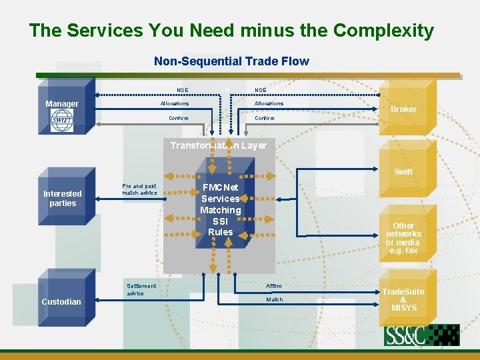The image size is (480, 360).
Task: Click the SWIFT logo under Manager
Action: (62, 120)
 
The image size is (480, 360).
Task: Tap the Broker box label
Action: (403, 109)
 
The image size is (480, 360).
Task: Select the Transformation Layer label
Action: (218, 145)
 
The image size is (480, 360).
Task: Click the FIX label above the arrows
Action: (225, 89)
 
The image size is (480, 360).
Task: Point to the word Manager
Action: (62, 104)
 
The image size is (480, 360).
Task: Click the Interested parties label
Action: (63, 199)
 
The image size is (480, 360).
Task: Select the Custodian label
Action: (61, 302)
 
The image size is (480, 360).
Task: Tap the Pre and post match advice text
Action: (139, 189)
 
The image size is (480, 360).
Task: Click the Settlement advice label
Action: (141, 289)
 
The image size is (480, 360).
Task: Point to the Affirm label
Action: (274, 286)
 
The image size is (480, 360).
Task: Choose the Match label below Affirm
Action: (274, 299)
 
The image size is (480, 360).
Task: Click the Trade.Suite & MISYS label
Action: (403, 300)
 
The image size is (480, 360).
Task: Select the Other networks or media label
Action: (403, 238)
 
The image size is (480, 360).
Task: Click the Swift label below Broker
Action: (403, 172)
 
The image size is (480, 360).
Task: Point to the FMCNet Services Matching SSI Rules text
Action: (221, 210)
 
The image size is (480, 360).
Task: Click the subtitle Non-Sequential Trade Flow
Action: (231, 61)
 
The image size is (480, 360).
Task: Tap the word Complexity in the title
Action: (383, 31)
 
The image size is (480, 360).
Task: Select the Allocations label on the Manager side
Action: (175, 103)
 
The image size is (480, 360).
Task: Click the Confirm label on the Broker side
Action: (265, 118)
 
